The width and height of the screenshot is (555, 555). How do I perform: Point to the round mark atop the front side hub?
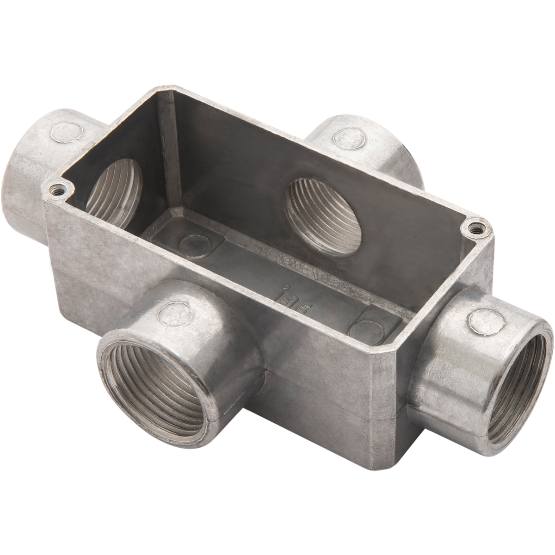click(x=173, y=314)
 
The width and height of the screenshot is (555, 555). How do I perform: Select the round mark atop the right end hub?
click(x=483, y=319)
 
